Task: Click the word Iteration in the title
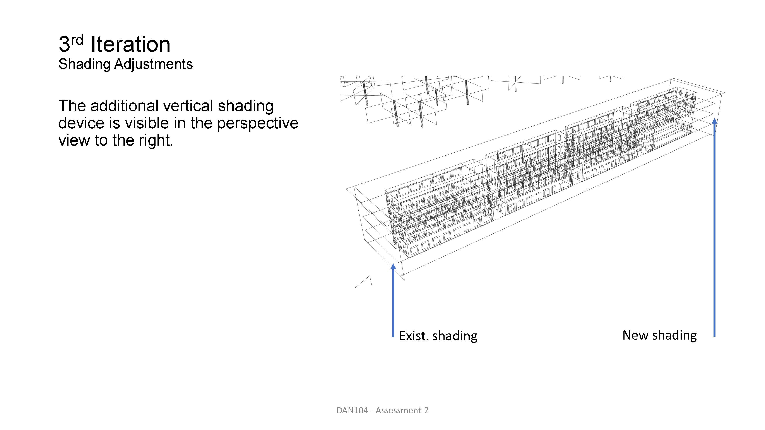[x=130, y=44]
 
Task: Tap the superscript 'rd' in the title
[x=77, y=40]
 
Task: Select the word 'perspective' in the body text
[x=257, y=123]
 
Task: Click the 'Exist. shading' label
[x=438, y=336]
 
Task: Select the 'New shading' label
[x=659, y=335]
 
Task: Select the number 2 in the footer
[x=426, y=410]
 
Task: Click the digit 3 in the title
[x=64, y=44]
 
